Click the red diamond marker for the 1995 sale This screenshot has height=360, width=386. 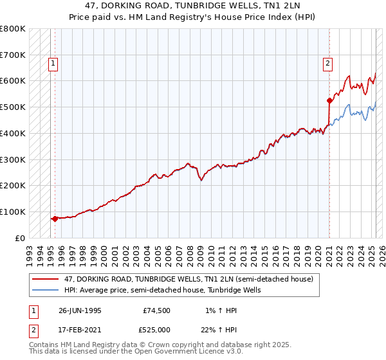tap(55, 219)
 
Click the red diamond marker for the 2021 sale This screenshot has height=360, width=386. tap(329, 100)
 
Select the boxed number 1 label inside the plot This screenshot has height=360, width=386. tap(52, 63)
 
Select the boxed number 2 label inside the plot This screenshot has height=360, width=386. tap(327, 63)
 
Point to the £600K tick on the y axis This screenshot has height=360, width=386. tap(13, 81)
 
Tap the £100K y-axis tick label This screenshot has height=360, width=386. tap(13, 212)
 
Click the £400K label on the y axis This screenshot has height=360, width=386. tap(13, 133)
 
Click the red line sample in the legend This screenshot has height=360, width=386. tap(46, 280)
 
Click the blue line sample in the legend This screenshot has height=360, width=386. tap(46, 290)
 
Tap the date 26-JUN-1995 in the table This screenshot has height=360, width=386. tap(80, 310)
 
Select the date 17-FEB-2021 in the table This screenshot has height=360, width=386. tap(80, 330)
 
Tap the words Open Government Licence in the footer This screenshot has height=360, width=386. tap(184, 352)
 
